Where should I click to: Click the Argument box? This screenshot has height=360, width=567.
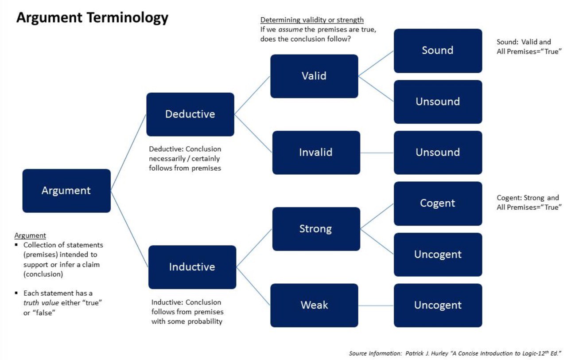[66, 191]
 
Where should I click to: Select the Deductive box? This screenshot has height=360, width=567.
[190, 114]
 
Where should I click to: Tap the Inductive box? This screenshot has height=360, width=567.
[192, 267]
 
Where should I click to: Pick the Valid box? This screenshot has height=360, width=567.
[314, 76]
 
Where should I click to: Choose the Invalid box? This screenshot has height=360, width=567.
[316, 153]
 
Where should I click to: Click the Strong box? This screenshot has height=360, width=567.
[316, 229]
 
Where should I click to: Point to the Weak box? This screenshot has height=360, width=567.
[314, 305]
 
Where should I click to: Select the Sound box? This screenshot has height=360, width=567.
[438, 51]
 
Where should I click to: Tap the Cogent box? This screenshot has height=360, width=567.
[438, 203]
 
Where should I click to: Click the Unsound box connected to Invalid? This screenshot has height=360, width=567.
[438, 153]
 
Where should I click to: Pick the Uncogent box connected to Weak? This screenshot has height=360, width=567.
[438, 305]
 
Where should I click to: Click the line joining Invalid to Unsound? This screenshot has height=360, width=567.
[377, 153]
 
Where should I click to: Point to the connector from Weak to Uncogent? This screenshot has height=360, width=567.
[376, 305]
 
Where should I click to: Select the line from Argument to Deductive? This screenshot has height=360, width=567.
[128, 153]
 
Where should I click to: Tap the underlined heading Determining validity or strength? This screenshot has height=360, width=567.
[312, 20]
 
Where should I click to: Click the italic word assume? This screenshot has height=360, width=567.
[290, 29]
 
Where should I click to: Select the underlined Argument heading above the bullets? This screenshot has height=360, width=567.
[30, 235]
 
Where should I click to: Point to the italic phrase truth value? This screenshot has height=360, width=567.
[41, 303]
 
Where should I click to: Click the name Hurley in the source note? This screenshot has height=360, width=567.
[439, 353]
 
